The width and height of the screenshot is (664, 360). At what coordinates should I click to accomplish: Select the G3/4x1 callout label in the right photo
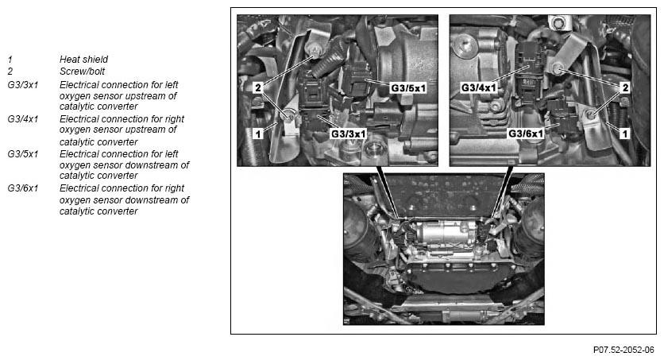[479, 87]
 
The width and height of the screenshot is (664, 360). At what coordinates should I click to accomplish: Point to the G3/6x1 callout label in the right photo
[526, 134]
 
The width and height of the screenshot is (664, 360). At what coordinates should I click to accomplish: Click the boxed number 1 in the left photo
[257, 134]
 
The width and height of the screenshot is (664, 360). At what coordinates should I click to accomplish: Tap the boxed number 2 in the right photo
[626, 87]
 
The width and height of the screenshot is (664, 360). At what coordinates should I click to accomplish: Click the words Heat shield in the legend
[83, 60]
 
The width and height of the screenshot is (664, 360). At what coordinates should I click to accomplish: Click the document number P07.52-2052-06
[623, 349]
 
